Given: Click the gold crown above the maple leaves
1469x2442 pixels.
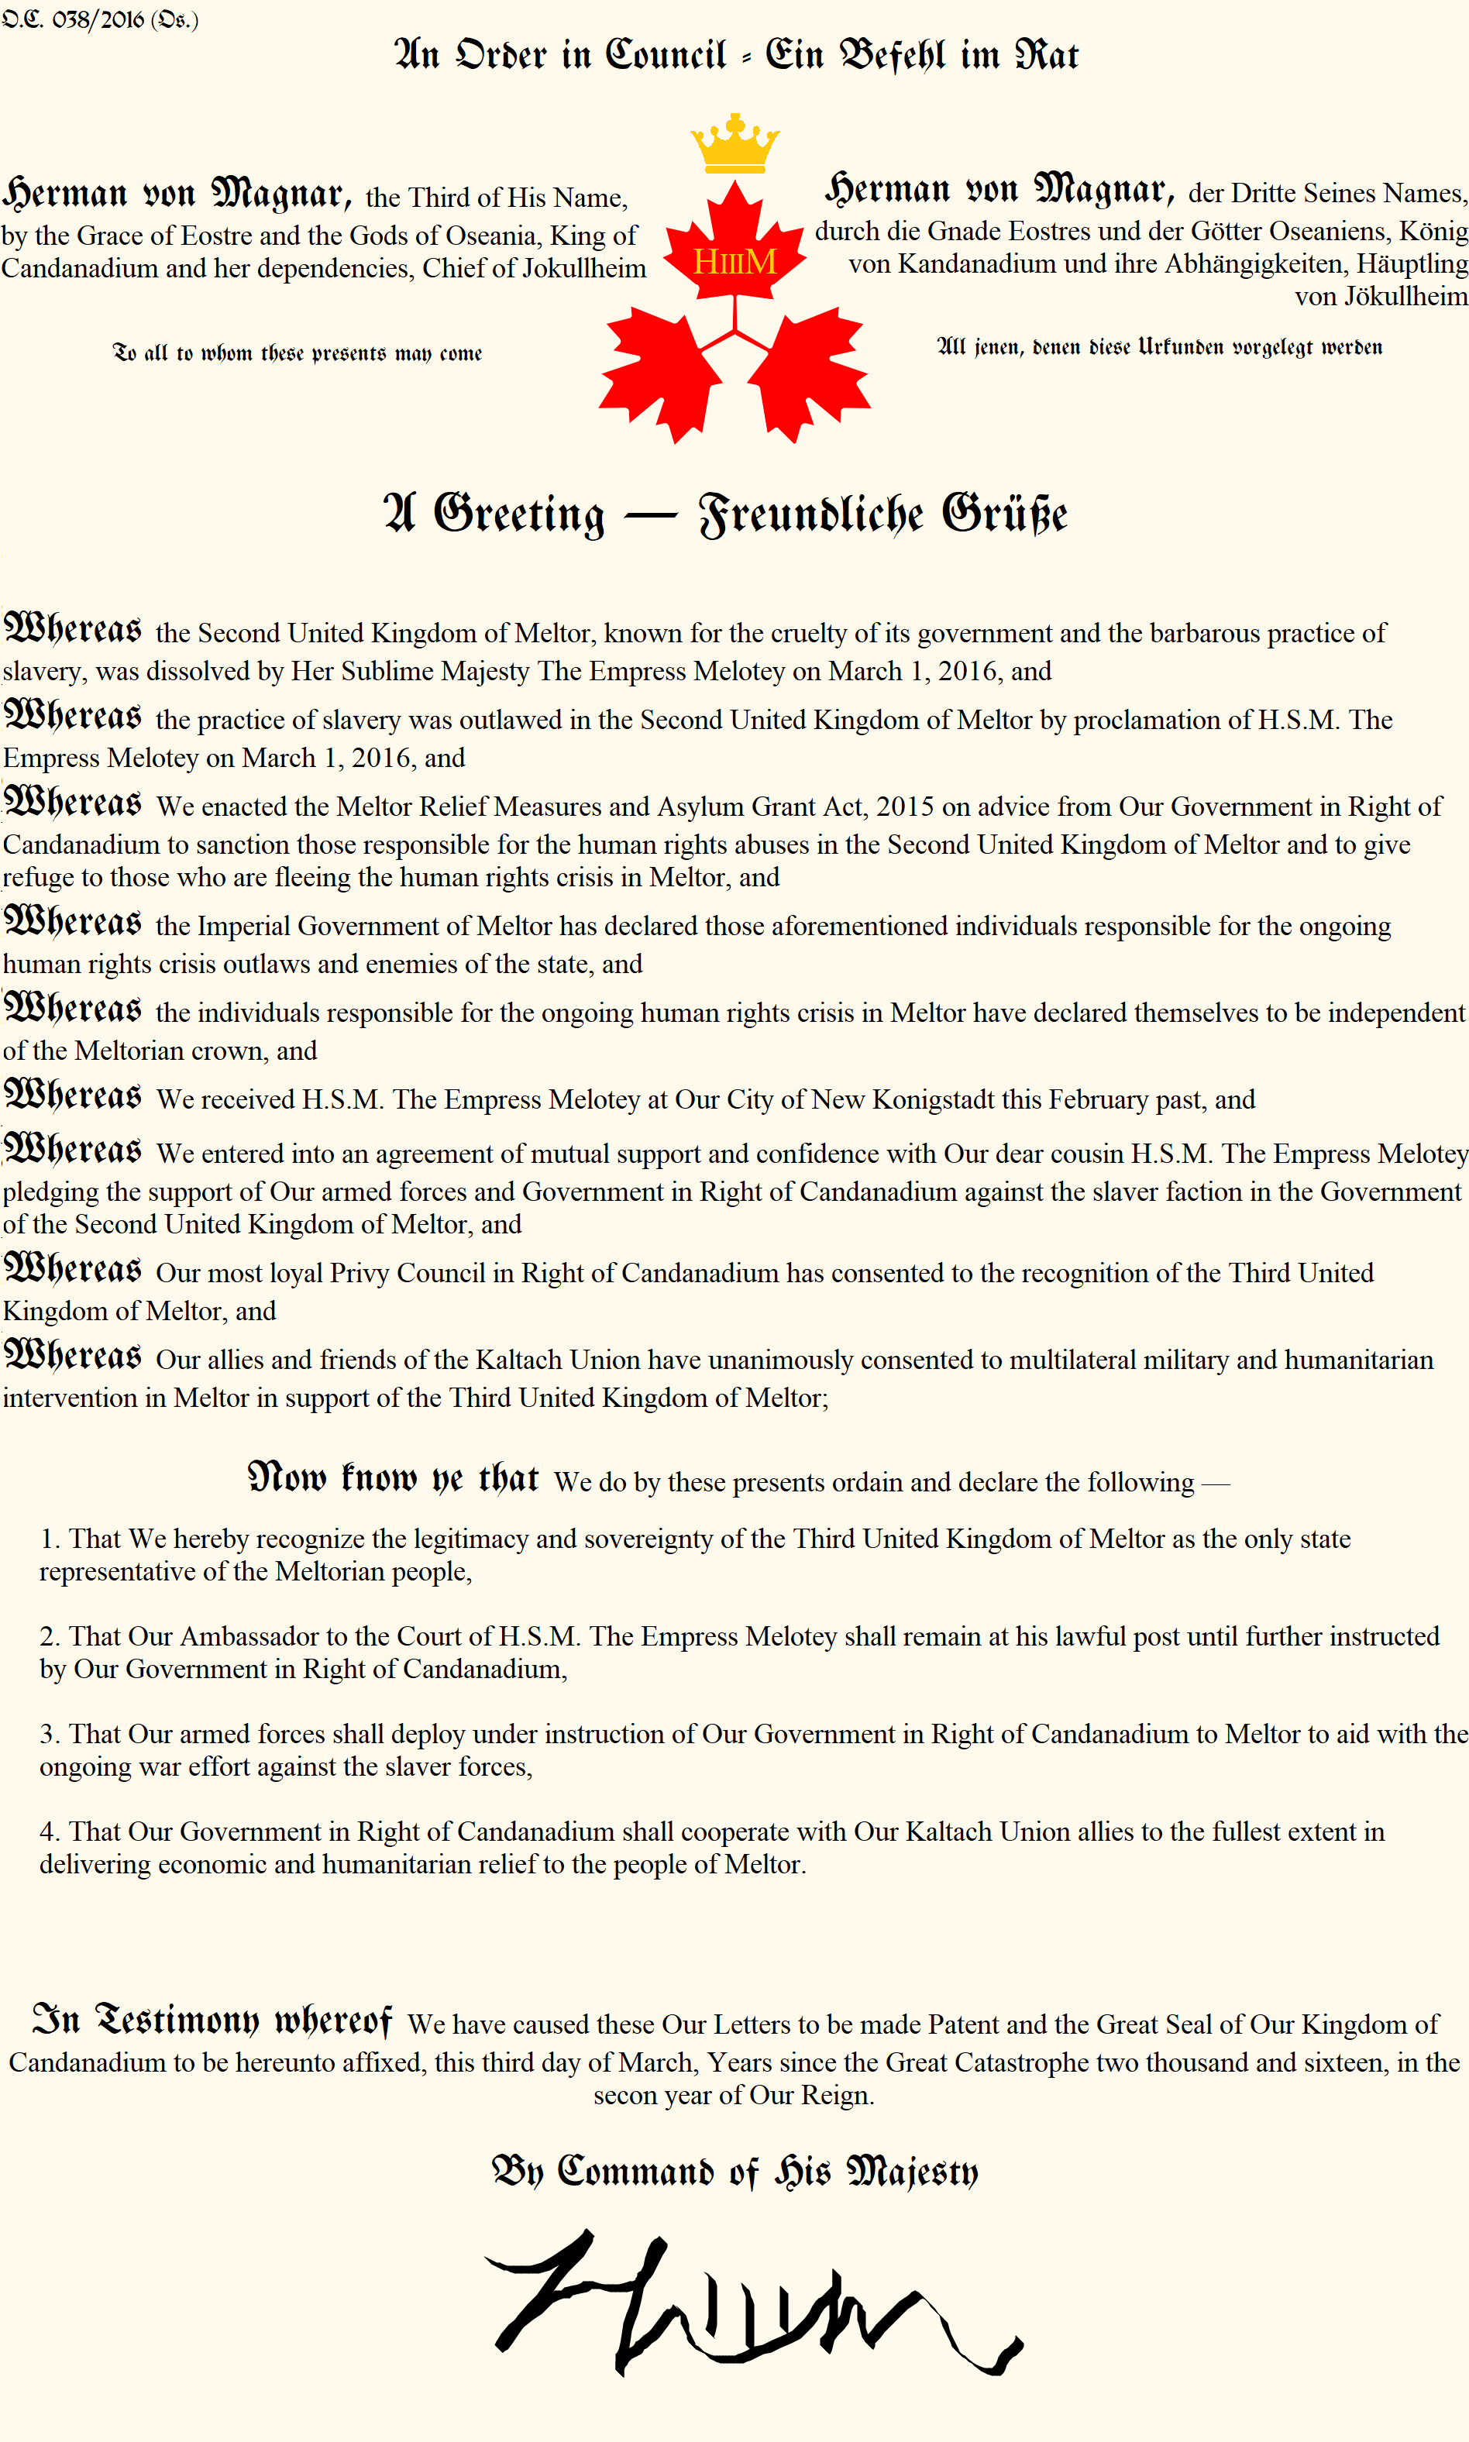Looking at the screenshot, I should [x=734, y=143].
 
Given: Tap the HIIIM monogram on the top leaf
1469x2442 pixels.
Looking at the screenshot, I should [x=734, y=261].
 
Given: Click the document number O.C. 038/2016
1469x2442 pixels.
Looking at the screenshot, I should [x=99, y=20].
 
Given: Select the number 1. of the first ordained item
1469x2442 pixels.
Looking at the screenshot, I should [x=50, y=1539].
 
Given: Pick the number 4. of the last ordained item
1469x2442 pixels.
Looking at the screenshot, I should [x=50, y=1832].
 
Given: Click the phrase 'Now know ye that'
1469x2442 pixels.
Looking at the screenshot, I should [x=393, y=1479].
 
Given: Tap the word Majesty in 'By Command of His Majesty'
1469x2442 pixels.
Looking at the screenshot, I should [x=912, y=2172].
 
